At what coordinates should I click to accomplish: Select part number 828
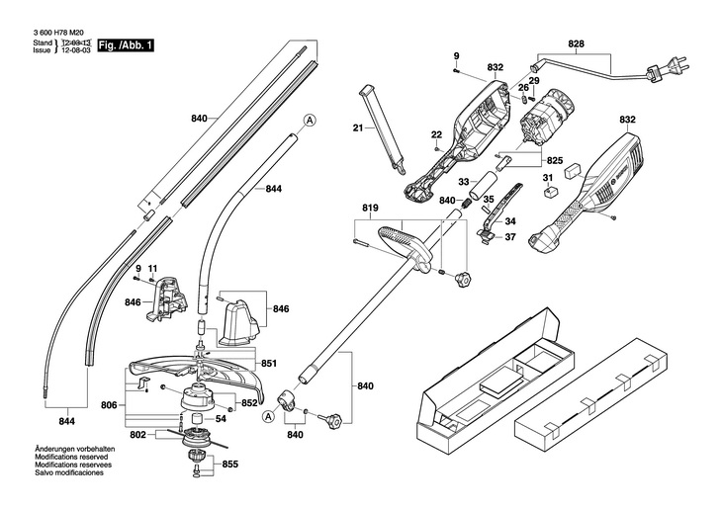577,43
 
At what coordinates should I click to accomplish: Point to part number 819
371,209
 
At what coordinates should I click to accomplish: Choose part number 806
110,405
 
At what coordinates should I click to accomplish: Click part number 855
229,464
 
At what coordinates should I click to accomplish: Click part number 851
269,363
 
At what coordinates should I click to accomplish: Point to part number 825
554,159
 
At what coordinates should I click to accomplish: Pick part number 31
547,178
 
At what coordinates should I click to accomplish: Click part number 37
510,236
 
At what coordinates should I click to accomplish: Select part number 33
463,181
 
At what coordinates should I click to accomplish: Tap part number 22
436,134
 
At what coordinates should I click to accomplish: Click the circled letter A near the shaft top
310,120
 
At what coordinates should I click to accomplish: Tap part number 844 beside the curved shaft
274,189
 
